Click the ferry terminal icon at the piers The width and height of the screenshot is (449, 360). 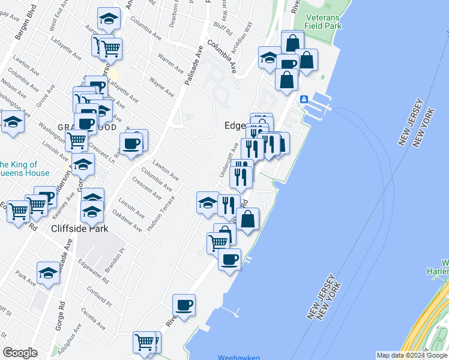pyautogui.click(x=304, y=99)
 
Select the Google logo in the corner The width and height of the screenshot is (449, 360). pyautogui.click(x=20, y=352)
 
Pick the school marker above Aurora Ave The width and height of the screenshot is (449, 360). pyautogui.click(x=108, y=20)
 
